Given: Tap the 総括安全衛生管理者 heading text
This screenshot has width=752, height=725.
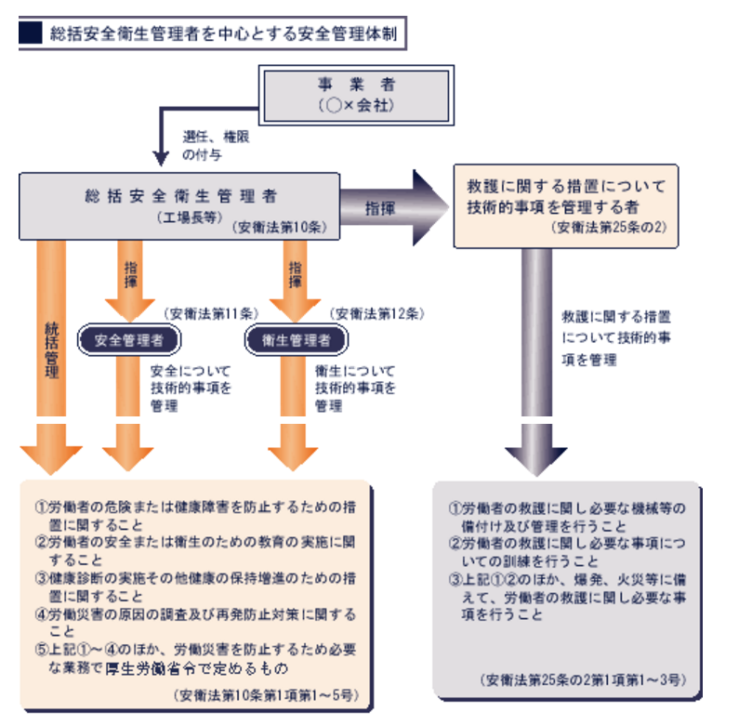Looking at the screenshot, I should pyautogui.click(x=177, y=196).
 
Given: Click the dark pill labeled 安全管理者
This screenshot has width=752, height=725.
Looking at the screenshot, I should pyautogui.click(x=129, y=340).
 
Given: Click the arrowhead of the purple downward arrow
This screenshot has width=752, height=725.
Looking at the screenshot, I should pyautogui.click(x=535, y=458).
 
